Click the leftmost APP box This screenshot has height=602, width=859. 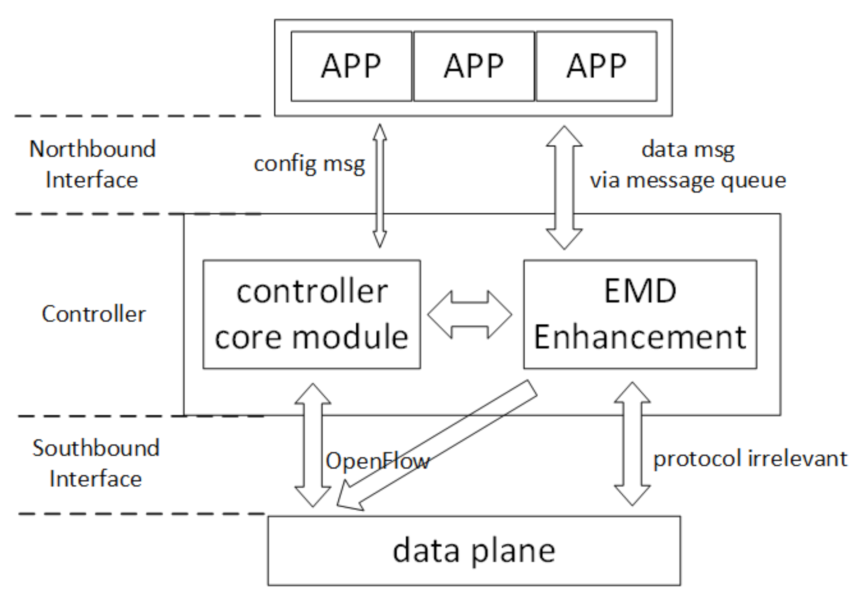click(x=351, y=66)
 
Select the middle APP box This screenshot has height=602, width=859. click(x=473, y=66)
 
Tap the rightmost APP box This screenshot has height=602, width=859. click(x=596, y=66)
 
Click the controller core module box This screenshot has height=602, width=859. click(x=311, y=314)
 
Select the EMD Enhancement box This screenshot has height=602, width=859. click(x=640, y=314)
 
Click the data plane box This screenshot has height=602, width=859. click(x=473, y=550)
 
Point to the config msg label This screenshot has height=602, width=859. click(x=309, y=163)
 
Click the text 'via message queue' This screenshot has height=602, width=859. click(x=687, y=180)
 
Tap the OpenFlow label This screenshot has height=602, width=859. click(x=377, y=460)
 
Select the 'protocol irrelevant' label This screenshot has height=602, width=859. click(x=750, y=458)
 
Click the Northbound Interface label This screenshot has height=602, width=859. click(x=92, y=164)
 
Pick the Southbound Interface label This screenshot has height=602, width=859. click(x=95, y=463)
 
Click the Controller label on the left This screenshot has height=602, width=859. click(x=93, y=314)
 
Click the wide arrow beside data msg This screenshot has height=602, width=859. click(x=564, y=187)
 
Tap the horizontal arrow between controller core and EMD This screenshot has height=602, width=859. click(x=470, y=314)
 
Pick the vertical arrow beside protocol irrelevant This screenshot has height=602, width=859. click(x=632, y=444)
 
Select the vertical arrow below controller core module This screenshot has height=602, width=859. click(x=313, y=445)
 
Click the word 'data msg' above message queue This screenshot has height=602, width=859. click(x=687, y=149)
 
